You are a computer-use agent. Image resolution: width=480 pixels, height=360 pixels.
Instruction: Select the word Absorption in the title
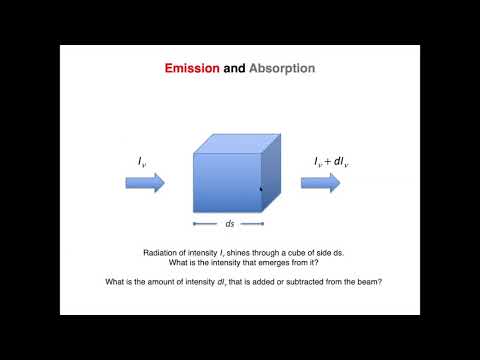pos(282,69)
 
